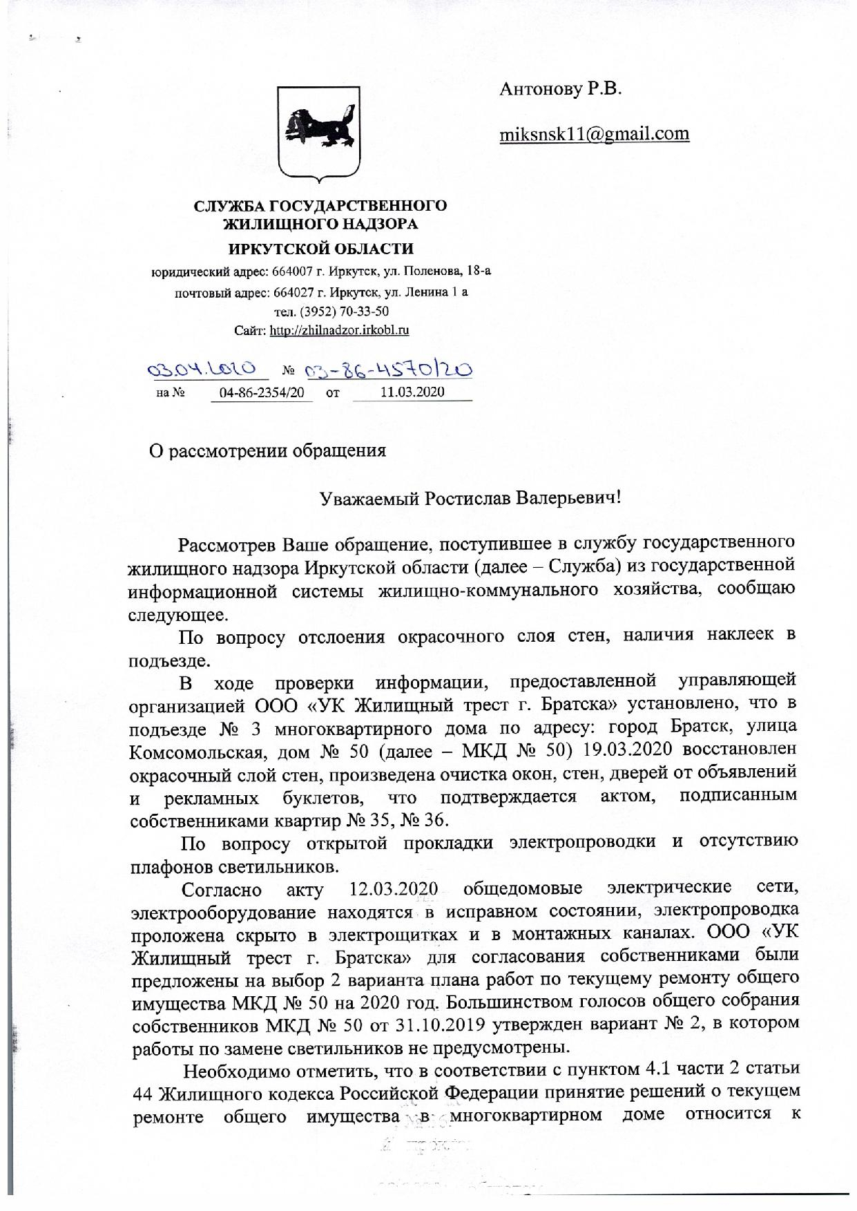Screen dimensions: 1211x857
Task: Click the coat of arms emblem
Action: tap(319, 134)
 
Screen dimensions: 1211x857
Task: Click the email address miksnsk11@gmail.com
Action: tap(594, 133)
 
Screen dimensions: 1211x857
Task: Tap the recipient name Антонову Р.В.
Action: tap(560, 89)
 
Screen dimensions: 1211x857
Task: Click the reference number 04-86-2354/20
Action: tap(261, 392)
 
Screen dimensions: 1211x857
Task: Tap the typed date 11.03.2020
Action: tap(412, 392)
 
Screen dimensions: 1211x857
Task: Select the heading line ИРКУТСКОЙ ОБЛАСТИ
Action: tap(321, 249)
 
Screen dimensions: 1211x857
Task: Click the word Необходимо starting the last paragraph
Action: tap(233, 1071)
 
